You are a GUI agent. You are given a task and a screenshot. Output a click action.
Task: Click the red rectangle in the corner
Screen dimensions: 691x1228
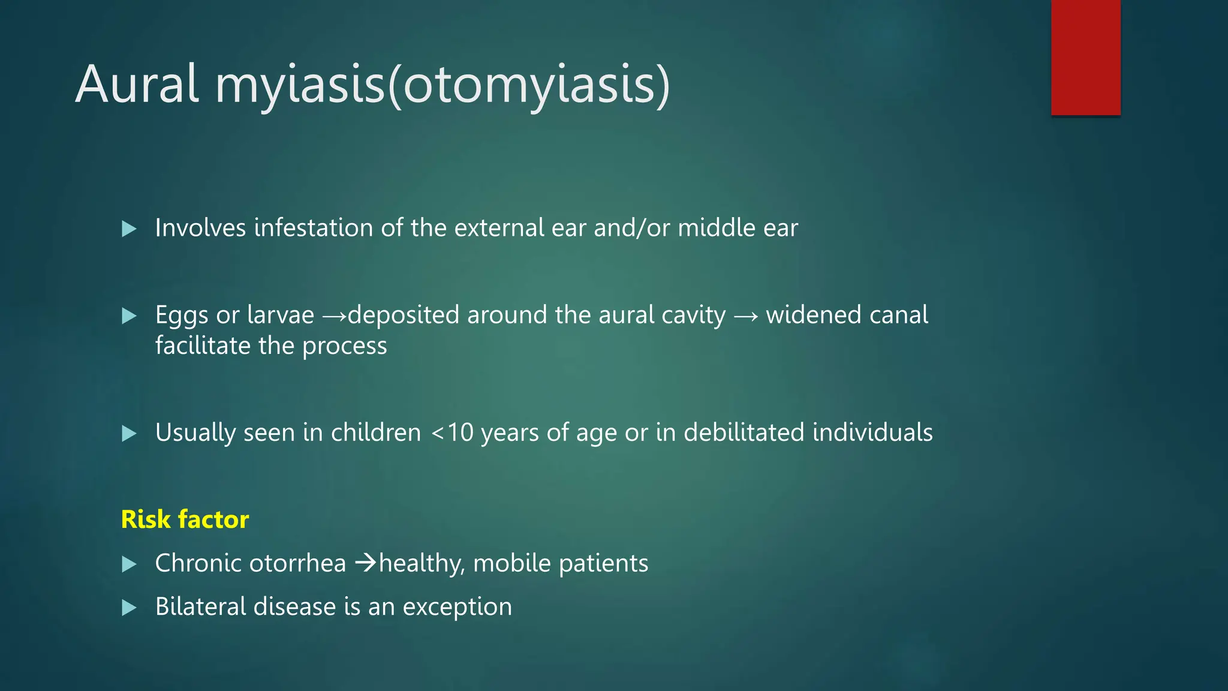tap(1085, 58)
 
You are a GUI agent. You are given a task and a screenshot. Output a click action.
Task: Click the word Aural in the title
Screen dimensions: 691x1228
tap(137, 85)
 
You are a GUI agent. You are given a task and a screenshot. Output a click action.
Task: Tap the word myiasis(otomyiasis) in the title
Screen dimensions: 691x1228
tap(443, 85)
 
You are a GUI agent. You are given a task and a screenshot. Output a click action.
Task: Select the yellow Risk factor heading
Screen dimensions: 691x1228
tap(185, 519)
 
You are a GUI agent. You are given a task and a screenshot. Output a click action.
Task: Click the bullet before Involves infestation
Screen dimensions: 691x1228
tap(129, 229)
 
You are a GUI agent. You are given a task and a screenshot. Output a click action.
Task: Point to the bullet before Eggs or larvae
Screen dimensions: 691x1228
tap(129, 316)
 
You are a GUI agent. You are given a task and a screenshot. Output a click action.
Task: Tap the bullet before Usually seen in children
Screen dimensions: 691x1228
tap(129, 433)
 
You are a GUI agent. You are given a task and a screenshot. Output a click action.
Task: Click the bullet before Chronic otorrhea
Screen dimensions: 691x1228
tap(129, 564)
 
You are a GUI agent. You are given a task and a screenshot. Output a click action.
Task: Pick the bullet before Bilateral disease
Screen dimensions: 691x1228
tap(129, 608)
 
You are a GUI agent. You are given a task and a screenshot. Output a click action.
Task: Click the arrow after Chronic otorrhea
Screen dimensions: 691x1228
tap(365, 563)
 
